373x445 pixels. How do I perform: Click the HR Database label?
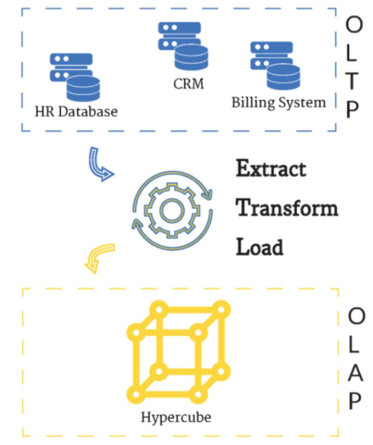(76, 110)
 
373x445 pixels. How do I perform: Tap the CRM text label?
(189, 84)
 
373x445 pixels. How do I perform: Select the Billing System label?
(279, 103)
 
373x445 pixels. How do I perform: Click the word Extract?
(270, 169)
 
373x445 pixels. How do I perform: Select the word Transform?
(287, 208)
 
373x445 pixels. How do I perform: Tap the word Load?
(259, 247)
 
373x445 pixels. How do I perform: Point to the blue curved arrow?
(100, 165)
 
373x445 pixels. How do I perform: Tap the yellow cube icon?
(178, 351)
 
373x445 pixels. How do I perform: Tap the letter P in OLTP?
(354, 111)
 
